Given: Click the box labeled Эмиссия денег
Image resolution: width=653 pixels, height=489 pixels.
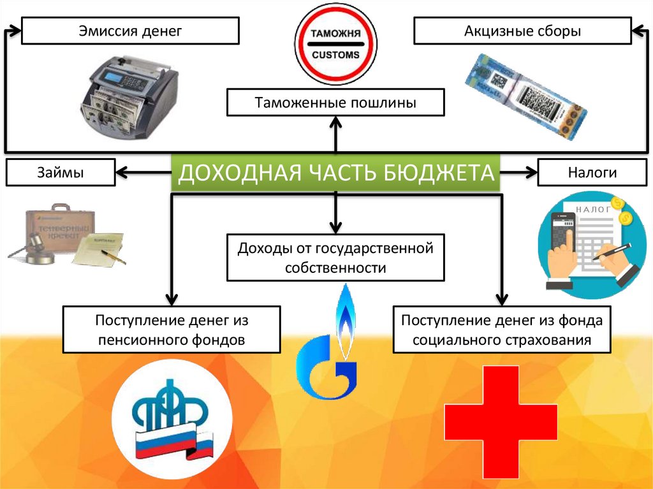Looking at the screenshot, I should (130, 31).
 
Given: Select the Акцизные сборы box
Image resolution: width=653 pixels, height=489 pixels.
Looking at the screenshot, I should (522, 31).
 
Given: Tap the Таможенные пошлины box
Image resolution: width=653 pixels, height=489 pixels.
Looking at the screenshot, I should (335, 103).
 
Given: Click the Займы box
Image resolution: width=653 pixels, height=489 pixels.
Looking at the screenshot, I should (61, 172).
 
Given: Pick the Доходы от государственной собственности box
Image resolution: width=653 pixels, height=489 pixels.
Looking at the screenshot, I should (335, 257).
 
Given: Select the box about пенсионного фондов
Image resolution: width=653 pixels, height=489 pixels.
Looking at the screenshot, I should (171, 329).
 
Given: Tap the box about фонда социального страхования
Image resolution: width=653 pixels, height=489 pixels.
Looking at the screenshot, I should (502, 329).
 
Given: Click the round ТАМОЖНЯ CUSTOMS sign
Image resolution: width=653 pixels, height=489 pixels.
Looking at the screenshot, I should (335, 45).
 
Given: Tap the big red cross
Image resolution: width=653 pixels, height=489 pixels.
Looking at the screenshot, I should (501, 420).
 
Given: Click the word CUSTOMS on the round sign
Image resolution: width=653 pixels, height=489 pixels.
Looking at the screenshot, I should (335, 55).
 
